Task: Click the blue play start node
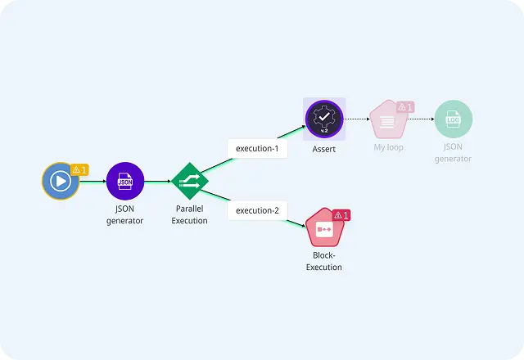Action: click(x=61, y=181)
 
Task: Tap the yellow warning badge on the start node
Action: click(x=79, y=169)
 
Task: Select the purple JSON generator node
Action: click(x=125, y=181)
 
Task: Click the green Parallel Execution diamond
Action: click(x=190, y=181)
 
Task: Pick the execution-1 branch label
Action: click(x=257, y=148)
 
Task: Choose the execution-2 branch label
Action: click(x=257, y=210)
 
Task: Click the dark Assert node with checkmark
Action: click(x=324, y=119)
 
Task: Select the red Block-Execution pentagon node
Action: click(x=324, y=227)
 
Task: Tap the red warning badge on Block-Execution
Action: click(x=341, y=215)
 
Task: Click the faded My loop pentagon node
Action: click(x=389, y=119)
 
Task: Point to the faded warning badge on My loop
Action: click(x=405, y=107)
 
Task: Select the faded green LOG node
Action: click(x=453, y=119)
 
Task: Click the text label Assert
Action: click(x=324, y=149)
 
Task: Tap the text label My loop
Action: click(x=388, y=147)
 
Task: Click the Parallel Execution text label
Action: click(x=189, y=214)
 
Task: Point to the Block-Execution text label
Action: click(x=324, y=261)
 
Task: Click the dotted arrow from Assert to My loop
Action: click(x=357, y=119)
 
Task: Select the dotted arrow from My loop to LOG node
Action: click(x=421, y=119)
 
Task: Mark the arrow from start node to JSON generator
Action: click(x=93, y=182)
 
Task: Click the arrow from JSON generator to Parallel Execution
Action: click(x=158, y=182)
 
